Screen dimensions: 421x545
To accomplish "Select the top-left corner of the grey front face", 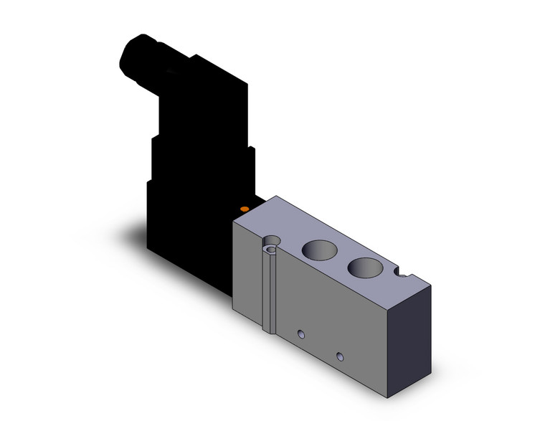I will (235, 224).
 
